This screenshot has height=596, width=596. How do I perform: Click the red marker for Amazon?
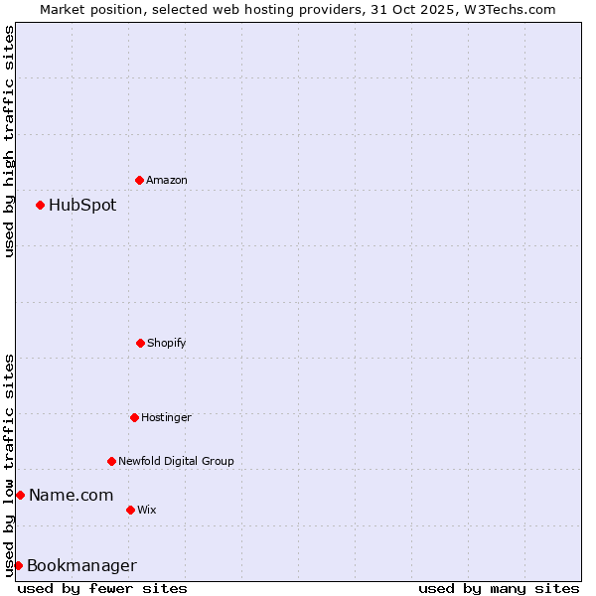(139, 180)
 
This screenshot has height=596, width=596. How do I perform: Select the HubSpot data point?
(40, 205)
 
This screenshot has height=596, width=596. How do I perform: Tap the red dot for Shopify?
(140, 343)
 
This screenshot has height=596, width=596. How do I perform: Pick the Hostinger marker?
(134, 417)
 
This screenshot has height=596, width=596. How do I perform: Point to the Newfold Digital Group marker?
(111, 461)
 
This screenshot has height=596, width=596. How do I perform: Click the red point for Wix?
(130, 510)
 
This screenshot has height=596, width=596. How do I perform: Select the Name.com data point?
(20, 495)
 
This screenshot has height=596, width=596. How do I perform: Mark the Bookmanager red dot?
(18, 565)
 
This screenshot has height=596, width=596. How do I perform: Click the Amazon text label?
(167, 180)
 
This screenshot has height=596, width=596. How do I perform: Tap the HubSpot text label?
(82, 205)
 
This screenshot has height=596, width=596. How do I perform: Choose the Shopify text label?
(167, 343)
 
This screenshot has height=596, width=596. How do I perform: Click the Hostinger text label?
(166, 417)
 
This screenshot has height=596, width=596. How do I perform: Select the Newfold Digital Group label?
(176, 461)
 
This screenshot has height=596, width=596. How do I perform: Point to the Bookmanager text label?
(81, 565)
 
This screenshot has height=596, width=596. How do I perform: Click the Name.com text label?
(71, 495)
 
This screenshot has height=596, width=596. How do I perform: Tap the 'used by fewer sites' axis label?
(102, 588)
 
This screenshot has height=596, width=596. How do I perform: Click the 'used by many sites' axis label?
(499, 588)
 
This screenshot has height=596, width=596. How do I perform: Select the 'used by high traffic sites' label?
(9, 141)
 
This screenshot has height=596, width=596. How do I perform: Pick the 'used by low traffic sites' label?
(9, 465)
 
